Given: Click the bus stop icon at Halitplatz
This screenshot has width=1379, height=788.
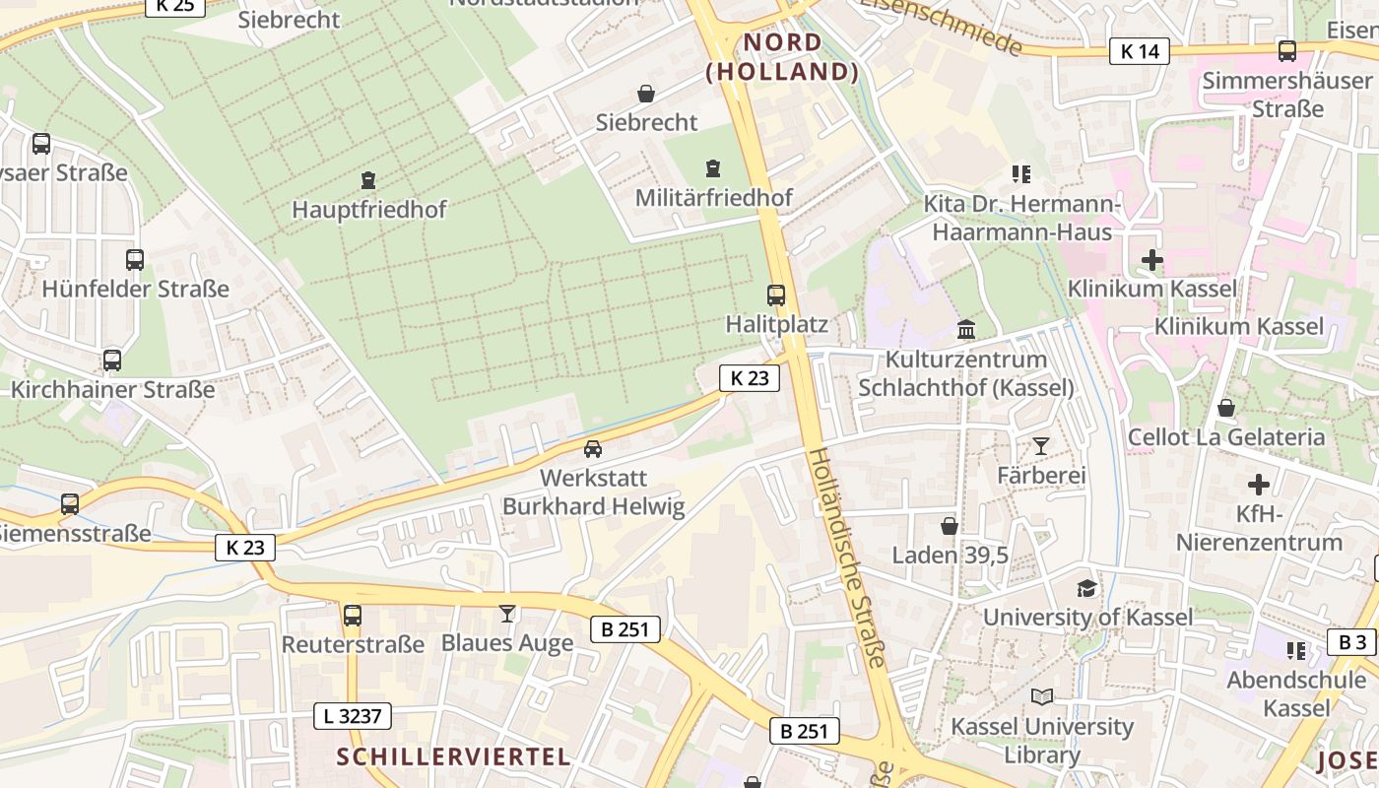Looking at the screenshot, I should (776, 295).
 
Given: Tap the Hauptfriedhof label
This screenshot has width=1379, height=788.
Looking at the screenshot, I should (368, 210).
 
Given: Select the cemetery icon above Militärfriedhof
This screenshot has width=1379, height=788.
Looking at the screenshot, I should (713, 168).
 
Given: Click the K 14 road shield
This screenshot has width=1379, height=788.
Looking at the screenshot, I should (1140, 51).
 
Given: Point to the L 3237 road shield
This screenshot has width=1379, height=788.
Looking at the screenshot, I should (352, 716).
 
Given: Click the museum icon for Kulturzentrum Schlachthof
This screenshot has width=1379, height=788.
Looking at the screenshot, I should (965, 330).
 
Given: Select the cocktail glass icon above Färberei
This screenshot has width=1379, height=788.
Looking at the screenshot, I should (1040, 446).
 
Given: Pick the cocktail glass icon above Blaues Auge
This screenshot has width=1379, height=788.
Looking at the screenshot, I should (507, 614).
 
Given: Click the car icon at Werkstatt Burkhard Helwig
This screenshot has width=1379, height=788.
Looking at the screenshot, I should (593, 449).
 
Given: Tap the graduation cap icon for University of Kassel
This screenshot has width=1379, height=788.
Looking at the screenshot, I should (1086, 588).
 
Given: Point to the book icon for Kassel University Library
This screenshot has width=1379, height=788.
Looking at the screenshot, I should (1041, 697).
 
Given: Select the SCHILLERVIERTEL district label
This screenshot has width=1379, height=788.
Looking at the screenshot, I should (453, 756).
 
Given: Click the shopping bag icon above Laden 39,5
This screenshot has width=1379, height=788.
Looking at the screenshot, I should (950, 526).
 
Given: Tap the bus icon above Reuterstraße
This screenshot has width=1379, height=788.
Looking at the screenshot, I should (353, 616).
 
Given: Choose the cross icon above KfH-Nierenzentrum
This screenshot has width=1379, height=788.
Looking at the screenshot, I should (1258, 485).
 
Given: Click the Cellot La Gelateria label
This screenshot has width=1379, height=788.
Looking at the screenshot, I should (1225, 436).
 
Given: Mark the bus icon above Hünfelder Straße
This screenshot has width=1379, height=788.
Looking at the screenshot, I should (135, 260).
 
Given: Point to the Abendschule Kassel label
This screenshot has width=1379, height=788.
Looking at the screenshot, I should (1295, 693).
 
